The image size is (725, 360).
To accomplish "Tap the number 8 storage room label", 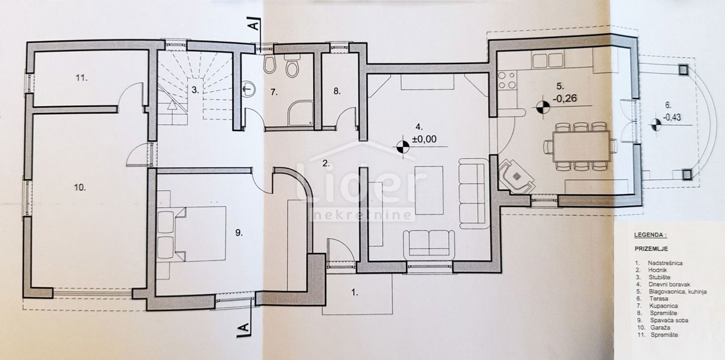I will click(337, 92).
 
